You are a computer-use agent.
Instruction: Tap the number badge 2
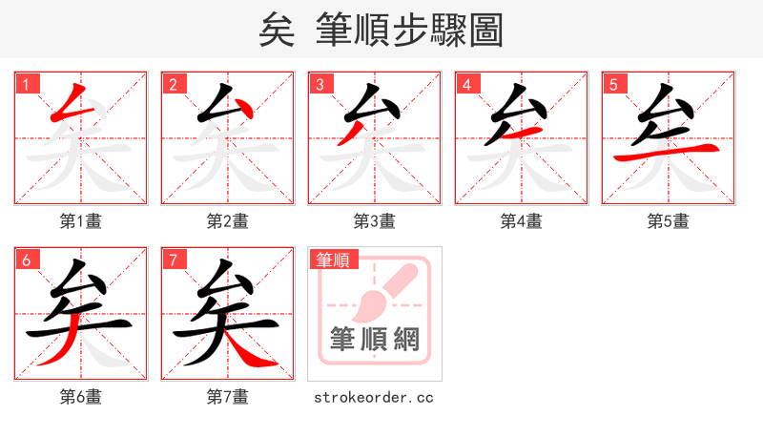[x=174, y=84]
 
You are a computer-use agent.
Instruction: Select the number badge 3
[x=320, y=84]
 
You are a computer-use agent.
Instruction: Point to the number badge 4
[x=467, y=84]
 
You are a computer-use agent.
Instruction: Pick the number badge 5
[x=614, y=84]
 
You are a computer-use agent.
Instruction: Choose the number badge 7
[x=174, y=260]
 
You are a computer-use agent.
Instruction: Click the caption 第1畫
[x=81, y=221]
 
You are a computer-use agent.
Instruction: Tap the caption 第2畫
[x=228, y=221]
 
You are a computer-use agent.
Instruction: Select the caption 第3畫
[x=375, y=221]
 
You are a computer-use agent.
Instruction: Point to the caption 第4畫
[x=522, y=221]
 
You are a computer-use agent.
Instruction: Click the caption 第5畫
[x=669, y=221]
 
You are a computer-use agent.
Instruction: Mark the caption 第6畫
[x=81, y=396]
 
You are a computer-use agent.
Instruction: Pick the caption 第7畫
[x=228, y=396]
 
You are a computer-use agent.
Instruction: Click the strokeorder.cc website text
[x=374, y=397]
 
